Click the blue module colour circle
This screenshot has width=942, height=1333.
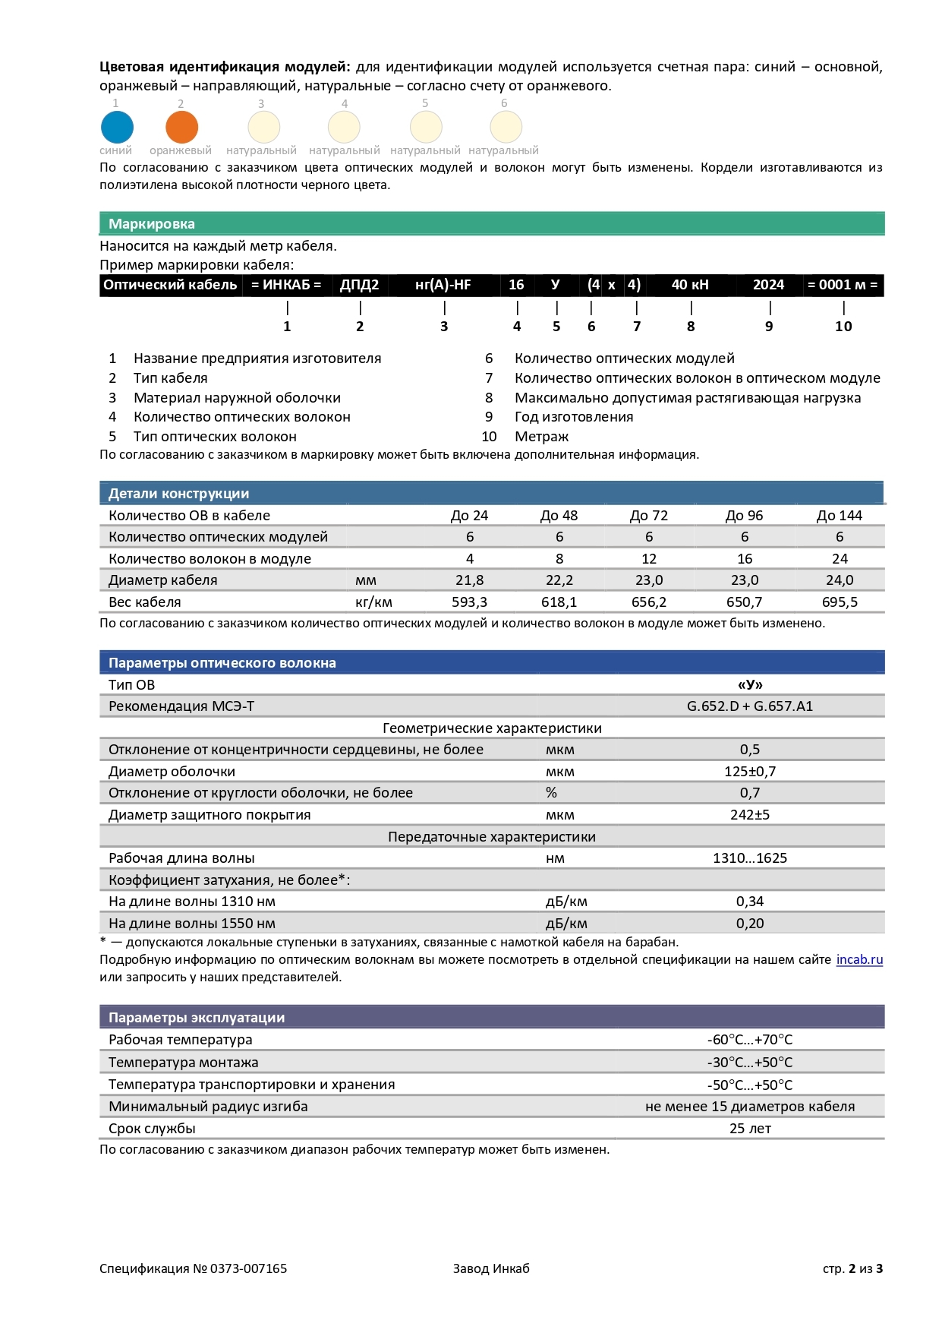[117, 127]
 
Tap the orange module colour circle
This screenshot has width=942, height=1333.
[181, 127]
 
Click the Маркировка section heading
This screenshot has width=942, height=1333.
[152, 224]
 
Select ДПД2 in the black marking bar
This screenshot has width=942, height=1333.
[359, 285]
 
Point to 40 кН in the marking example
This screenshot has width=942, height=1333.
[690, 285]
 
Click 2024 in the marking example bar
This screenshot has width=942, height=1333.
[768, 285]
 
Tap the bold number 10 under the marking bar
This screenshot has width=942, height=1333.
[843, 327]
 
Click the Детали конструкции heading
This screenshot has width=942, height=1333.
[178, 494]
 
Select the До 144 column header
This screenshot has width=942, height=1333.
[839, 516]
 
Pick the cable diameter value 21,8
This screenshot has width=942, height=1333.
[469, 580]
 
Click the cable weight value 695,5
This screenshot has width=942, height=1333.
[839, 602]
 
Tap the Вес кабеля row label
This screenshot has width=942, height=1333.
[145, 602]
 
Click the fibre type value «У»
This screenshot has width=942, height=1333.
[750, 685]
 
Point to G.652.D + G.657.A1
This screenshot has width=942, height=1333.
[750, 706]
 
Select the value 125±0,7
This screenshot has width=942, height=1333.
[750, 772]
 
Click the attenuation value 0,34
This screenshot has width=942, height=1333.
[750, 902]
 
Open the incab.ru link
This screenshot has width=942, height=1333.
[859, 960]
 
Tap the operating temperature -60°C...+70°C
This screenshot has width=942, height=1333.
[750, 1040]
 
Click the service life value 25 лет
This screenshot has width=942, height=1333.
[750, 1129]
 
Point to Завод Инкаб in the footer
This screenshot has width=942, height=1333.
[491, 1268]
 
